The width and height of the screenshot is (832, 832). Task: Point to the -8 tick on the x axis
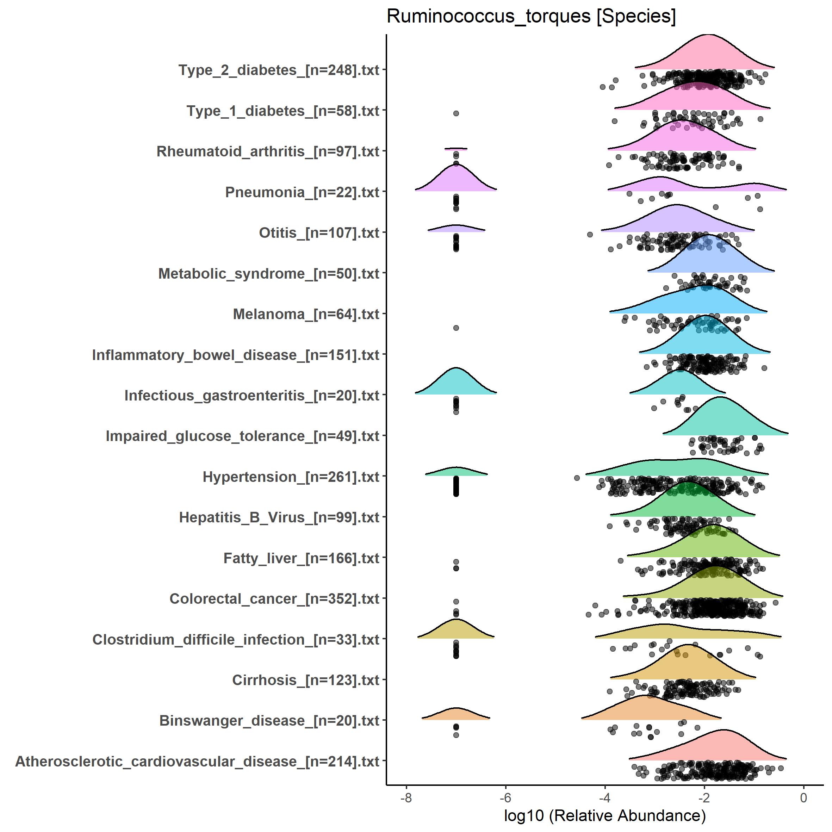coord(406,797)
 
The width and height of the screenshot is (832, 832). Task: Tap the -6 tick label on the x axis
coord(505,797)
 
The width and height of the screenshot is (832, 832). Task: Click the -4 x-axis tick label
coord(604,797)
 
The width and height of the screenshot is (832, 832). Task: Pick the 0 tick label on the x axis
coord(803,797)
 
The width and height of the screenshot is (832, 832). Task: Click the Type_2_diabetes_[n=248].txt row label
coord(279,70)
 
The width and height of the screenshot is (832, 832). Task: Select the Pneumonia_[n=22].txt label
coord(302,192)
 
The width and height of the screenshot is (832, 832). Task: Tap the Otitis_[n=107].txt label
coord(319,232)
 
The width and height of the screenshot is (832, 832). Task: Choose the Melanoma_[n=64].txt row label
coord(306,314)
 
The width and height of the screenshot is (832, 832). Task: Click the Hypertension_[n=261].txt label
coord(291,477)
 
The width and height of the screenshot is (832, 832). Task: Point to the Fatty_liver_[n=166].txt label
coord(301,558)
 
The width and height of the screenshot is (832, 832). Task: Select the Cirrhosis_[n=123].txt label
coord(305,680)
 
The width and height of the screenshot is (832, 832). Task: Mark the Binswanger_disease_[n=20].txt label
coord(269,720)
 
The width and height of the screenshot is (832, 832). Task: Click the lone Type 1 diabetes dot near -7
coord(456,113)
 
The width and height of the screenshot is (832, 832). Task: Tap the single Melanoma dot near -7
coord(456,328)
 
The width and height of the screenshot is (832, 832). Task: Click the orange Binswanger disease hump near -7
coord(456,714)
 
